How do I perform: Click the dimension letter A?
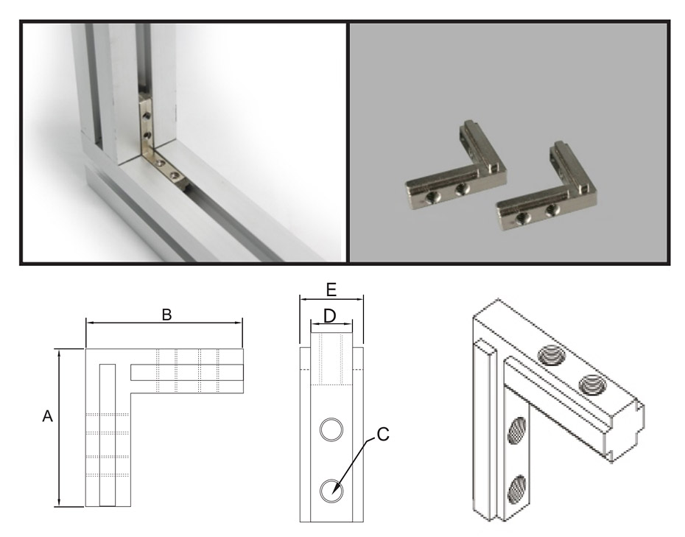tap(47, 416)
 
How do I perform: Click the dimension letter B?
tap(167, 315)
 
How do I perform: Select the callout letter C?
tap(383, 435)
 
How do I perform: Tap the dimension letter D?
tap(330, 316)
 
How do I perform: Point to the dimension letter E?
tap(331, 289)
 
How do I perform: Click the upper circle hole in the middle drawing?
tap(331, 429)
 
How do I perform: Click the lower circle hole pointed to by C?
tap(331, 491)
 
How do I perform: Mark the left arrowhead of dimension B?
tap(91, 323)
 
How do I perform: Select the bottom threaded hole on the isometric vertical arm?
tap(518, 488)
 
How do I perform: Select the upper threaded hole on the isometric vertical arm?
tap(518, 430)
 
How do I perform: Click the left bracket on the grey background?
tap(457, 167)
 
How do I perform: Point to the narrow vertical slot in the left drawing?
tap(108, 435)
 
